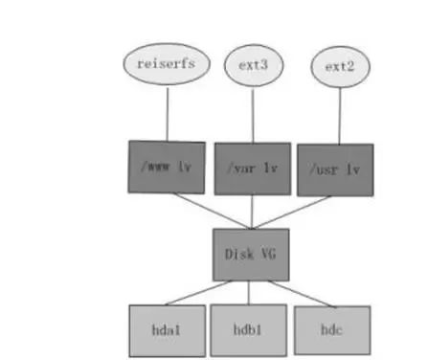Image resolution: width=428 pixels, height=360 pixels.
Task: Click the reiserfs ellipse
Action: pos(167,64)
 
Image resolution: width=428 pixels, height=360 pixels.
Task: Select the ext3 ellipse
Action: pos(254,65)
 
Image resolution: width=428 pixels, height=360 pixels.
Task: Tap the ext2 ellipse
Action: pos(340,67)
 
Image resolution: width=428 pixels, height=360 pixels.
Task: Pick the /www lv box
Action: pos(167,168)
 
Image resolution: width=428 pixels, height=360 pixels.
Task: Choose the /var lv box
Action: pos(253,169)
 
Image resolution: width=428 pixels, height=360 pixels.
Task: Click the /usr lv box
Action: pos(335,169)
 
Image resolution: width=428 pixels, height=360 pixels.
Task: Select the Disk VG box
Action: pos(251,255)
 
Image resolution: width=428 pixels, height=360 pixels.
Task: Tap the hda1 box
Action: pos(168,330)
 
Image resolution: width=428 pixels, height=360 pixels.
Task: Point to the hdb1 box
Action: pos(249,330)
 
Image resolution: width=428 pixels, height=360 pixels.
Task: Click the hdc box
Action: pos(332,330)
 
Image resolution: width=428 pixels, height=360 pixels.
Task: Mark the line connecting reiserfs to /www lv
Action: pos(168,113)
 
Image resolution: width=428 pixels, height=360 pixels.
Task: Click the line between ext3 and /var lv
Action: pos(253,114)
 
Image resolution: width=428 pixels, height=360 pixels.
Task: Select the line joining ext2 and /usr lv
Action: pos(340,116)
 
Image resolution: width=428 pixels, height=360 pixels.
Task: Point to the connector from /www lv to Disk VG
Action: pos(212,211)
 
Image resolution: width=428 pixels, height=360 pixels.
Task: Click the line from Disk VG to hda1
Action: pos(198,293)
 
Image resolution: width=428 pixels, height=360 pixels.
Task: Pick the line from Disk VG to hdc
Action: pos(303,294)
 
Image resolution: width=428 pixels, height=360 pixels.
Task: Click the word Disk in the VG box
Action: pos(239,255)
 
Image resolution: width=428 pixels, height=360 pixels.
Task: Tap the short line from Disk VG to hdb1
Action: pos(249,293)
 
